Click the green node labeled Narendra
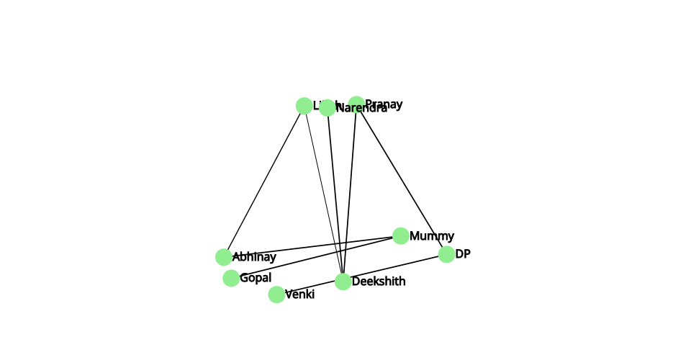pyautogui.click(x=328, y=108)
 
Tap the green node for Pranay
pyautogui.click(x=356, y=104)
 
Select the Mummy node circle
pyautogui.click(x=401, y=235)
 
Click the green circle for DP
pyautogui.click(x=446, y=254)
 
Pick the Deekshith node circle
pyautogui.click(x=343, y=282)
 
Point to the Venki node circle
pyautogui.click(x=276, y=294)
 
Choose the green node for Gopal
pyautogui.click(x=231, y=278)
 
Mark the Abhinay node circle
pyautogui.click(x=224, y=257)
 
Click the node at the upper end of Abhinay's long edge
pyautogui.click(x=304, y=106)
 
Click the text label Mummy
pyautogui.click(x=432, y=235)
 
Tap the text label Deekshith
pyautogui.click(x=379, y=282)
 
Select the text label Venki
pyautogui.click(x=299, y=294)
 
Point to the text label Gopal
pyautogui.click(x=256, y=278)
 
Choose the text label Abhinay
pyautogui.click(x=254, y=257)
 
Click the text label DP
pyautogui.click(x=463, y=254)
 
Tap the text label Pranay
pyautogui.click(x=384, y=104)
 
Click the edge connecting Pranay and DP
pyautogui.click(x=401, y=179)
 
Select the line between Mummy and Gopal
pyautogui.click(x=316, y=256)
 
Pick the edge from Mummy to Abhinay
pyautogui.click(x=312, y=246)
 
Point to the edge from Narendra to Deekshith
pyautogui.click(x=335, y=194)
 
